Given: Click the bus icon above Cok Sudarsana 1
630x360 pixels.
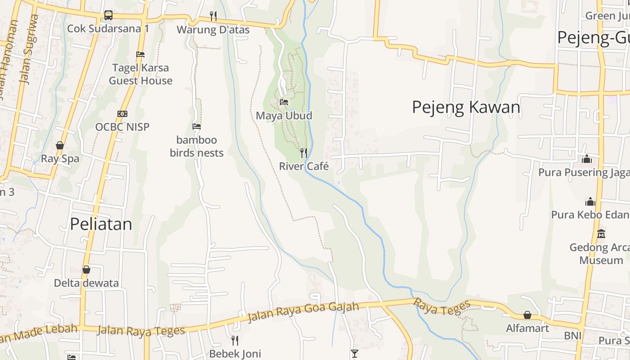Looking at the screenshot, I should click(108, 15).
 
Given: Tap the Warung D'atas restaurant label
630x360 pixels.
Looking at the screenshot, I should click(213, 30).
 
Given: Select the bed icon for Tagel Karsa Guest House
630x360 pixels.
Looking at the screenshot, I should click(140, 54).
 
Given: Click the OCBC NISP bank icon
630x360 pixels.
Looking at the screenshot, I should click(122, 114).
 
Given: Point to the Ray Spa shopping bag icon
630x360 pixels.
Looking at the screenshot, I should click(59, 145).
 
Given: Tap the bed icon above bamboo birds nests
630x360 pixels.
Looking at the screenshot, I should click(197, 126).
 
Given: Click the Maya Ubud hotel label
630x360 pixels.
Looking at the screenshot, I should click(284, 116).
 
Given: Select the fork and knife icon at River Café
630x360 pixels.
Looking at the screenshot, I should click(304, 153).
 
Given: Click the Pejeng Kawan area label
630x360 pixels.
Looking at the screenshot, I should click(466, 107).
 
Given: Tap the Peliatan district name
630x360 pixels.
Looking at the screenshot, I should click(101, 224).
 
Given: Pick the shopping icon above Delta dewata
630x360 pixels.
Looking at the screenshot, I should click(86, 270).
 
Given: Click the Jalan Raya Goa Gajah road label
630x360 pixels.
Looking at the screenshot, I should click(303, 312).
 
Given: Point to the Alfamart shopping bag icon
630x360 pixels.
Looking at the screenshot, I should click(527, 315).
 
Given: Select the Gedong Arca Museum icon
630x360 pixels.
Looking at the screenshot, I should click(601, 234).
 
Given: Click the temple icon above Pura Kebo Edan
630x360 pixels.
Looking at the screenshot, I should click(590, 201).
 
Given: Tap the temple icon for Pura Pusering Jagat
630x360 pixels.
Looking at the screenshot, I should click(586, 159).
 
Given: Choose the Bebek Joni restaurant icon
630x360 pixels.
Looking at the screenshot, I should click(234, 340).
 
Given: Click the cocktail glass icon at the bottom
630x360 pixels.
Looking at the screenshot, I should click(355, 354).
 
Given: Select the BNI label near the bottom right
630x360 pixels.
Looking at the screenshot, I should click(573, 336).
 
